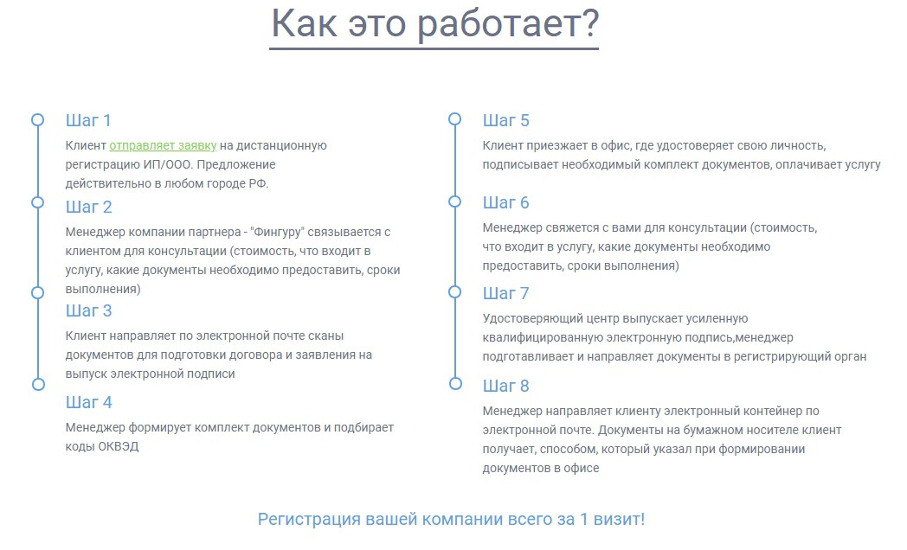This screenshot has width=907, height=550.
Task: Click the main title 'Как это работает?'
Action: point(434,24)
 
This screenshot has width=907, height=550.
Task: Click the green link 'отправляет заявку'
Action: point(163,145)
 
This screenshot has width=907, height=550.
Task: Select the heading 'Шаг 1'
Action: point(88,120)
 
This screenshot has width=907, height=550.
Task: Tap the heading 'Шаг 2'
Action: point(88,207)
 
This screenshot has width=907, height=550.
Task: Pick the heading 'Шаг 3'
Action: point(88,310)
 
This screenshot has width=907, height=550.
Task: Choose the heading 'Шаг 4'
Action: point(88,402)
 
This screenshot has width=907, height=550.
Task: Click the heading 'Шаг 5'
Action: point(505,120)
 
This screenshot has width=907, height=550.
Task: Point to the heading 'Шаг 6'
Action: point(505,202)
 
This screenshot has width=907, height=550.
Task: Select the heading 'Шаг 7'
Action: point(505,293)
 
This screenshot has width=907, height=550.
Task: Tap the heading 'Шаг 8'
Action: point(505,386)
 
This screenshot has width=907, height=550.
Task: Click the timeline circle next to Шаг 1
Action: point(37,113)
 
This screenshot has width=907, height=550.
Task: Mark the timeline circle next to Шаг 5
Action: point(454,112)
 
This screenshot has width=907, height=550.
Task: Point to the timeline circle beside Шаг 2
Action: point(37,195)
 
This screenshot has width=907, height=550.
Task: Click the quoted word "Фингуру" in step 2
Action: point(277,233)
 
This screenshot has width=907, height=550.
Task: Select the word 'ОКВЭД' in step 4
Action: point(118,446)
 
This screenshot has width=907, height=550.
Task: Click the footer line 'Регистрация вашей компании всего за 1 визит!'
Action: point(451,519)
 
